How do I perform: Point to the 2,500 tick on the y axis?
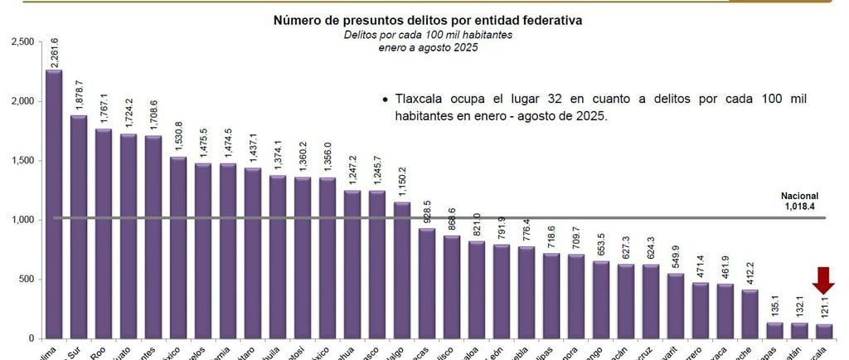click(22, 41)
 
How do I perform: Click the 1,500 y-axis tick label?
click(22, 160)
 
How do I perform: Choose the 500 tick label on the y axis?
click(27, 279)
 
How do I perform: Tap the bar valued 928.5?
click(427, 283)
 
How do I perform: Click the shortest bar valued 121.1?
click(824, 330)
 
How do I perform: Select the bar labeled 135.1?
click(775, 329)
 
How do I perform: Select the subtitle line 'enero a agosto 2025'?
click(424, 47)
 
